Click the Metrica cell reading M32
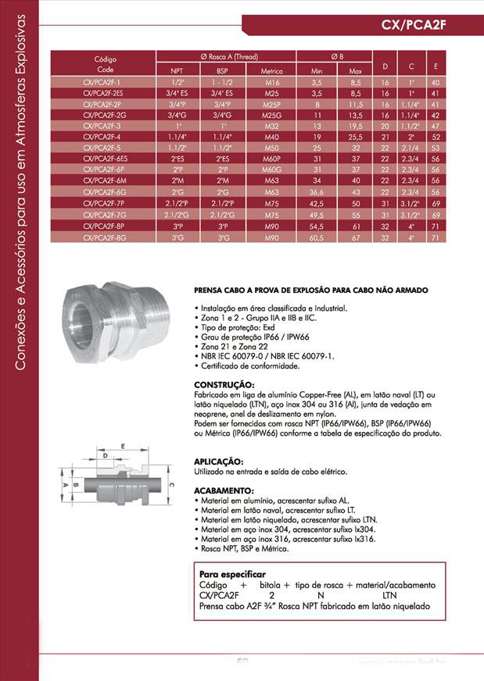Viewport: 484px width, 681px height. pyautogui.click(x=272, y=125)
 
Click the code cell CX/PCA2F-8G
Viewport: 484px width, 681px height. pyautogui.click(x=104, y=237)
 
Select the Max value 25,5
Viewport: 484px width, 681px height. pyautogui.click(x=355, y=136)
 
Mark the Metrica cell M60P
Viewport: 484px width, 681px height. pyautogui.click(x=272, y=159)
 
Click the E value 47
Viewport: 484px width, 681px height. pyautogui.click(x=436, y=125)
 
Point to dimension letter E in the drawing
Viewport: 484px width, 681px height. pyautogui.click(x=122, y=446)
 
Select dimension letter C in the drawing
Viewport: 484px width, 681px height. pyautogui.click(x=170, y=485)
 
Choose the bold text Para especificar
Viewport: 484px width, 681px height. pyautogui.click(x=232, y=573)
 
